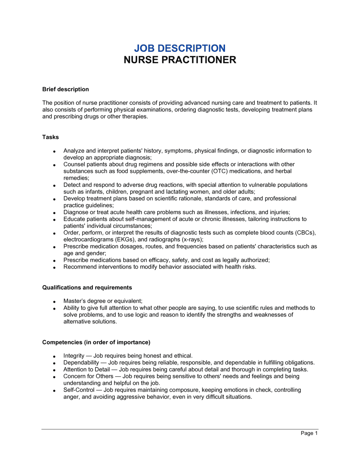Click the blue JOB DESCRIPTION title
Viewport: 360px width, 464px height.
pos(180,48)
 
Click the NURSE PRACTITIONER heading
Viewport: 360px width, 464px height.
pos(180,60)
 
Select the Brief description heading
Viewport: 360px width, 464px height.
pos(66,89)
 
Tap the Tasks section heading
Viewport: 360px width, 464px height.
pos(50,137)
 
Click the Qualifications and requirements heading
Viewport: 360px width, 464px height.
pos(87,287)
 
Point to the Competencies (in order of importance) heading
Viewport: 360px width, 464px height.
pos(96,342)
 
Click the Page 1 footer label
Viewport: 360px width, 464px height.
pos(309,433)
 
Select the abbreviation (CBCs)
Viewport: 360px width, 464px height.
pos(305,233)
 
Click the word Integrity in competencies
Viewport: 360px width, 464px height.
pos(74,356)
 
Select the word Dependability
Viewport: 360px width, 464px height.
pos(81,363)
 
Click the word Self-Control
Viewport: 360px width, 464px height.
pos(79,390)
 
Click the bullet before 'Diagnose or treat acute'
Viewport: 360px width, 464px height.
pos(54,213)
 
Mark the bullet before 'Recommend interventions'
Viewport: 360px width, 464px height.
pos(54,268)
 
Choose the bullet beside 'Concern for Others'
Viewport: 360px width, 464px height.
pos(54,377)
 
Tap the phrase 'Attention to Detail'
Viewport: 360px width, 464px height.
pos(86,369)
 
